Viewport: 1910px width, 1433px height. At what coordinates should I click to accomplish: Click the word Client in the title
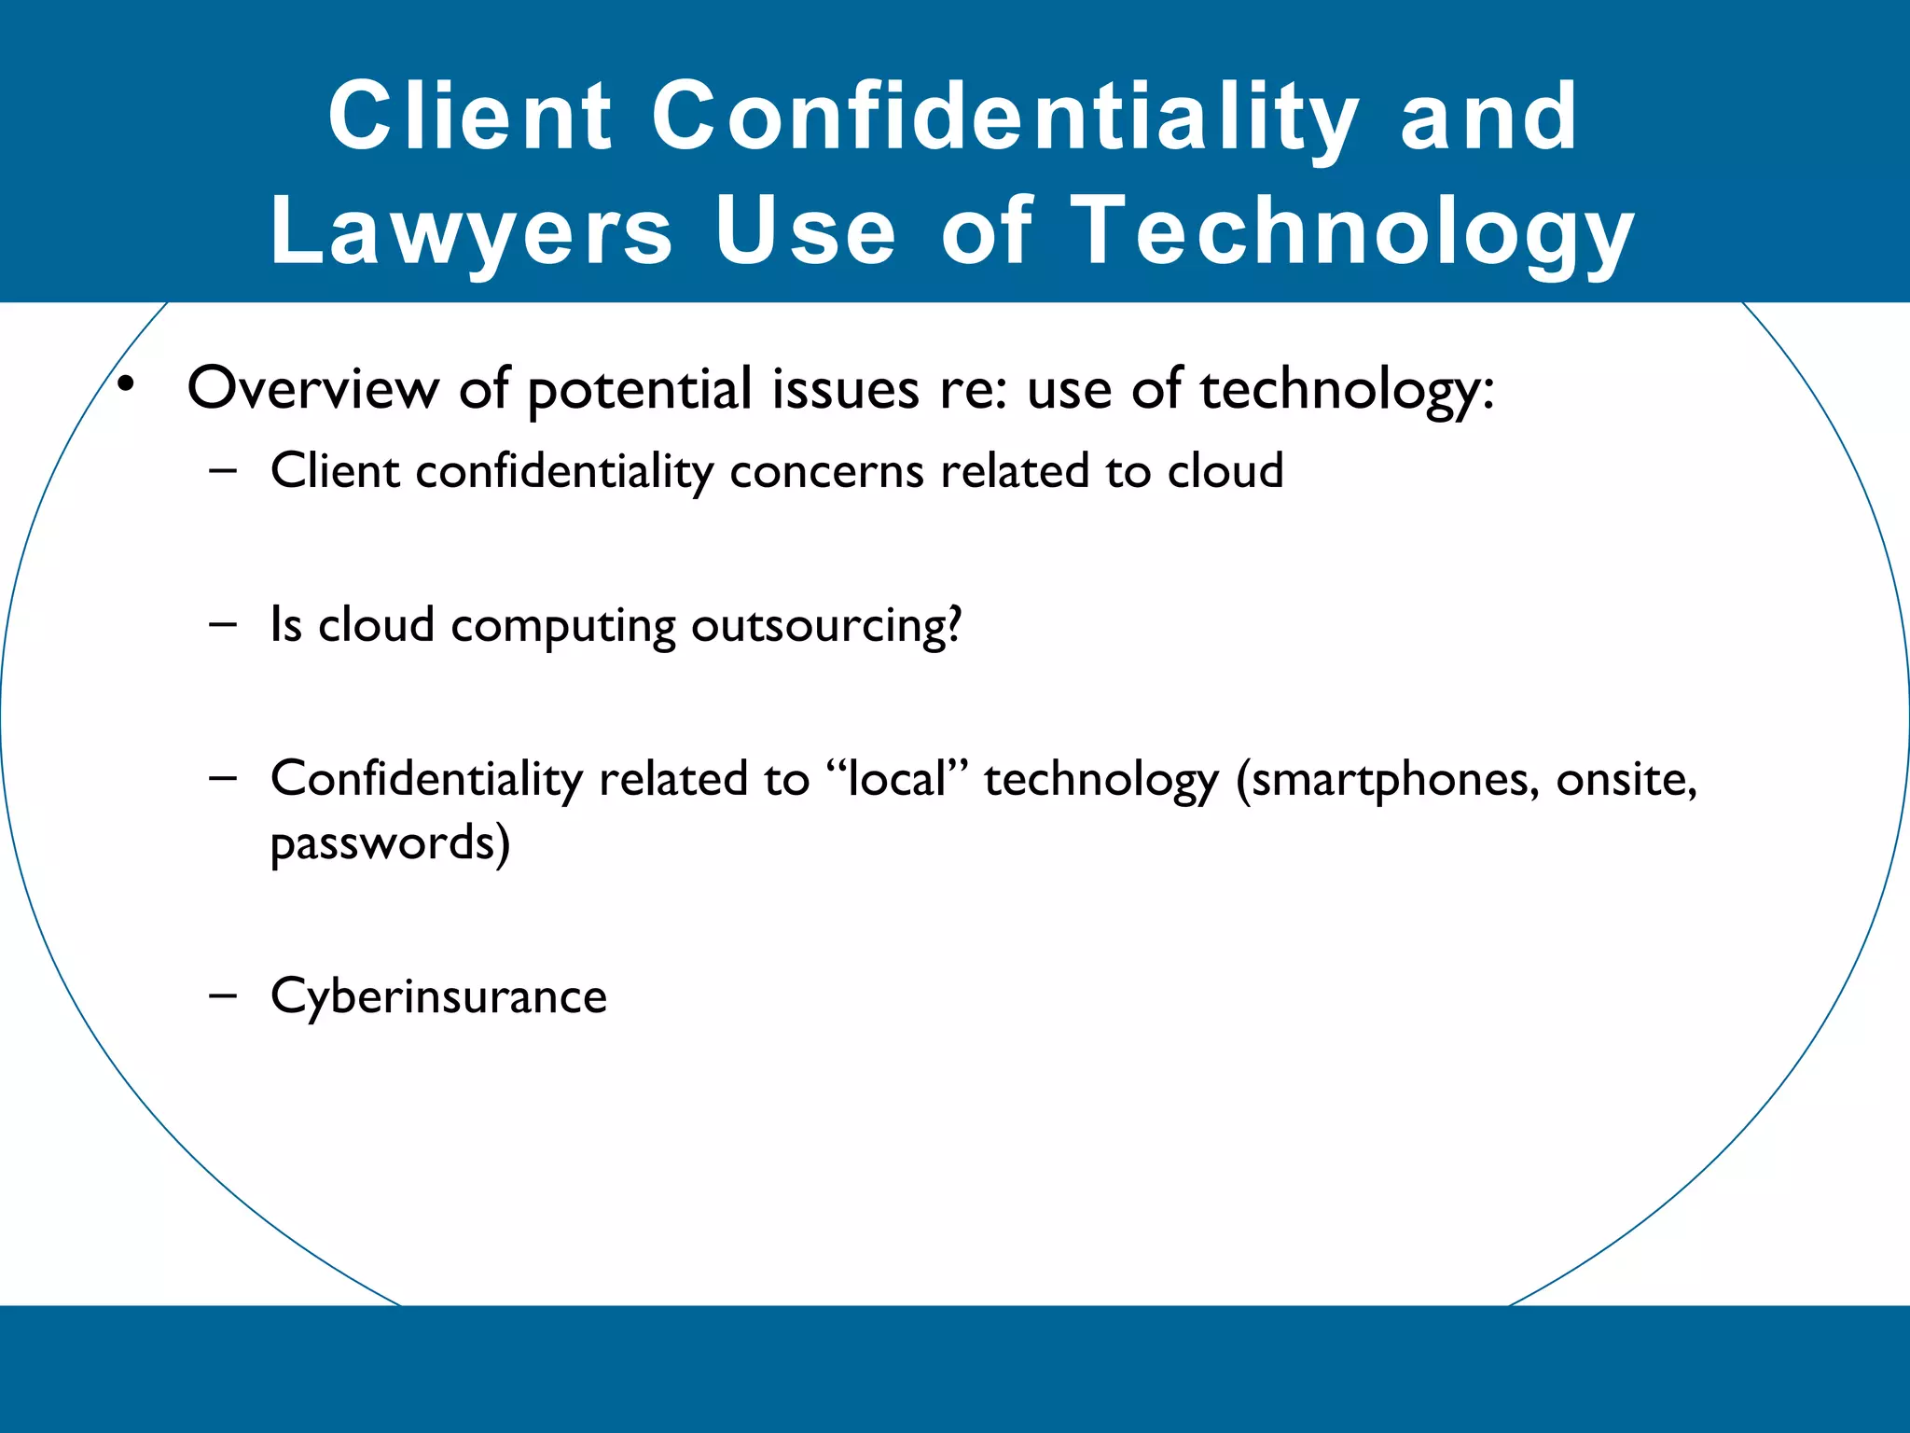point(470,116)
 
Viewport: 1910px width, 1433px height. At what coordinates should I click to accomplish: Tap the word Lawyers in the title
point(471,231)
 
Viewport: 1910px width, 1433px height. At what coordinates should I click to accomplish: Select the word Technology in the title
point(1351,231)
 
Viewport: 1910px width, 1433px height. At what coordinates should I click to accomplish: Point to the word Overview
point(313,389)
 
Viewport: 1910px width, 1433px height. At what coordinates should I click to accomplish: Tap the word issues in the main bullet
point(845,389)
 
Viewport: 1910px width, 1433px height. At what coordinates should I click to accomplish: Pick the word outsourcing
point(826,626)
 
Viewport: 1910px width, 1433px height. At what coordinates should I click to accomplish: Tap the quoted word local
point(897,779)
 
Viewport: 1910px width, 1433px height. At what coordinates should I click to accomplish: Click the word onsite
point(1626,781)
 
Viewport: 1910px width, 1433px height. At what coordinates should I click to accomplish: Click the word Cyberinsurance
point(438,996)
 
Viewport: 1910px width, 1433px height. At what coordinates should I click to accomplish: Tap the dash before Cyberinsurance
point(223,995)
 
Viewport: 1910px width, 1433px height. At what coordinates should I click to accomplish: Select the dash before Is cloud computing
point(223,624)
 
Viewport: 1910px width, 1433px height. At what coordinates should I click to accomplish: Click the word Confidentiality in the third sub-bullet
point(426,779)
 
